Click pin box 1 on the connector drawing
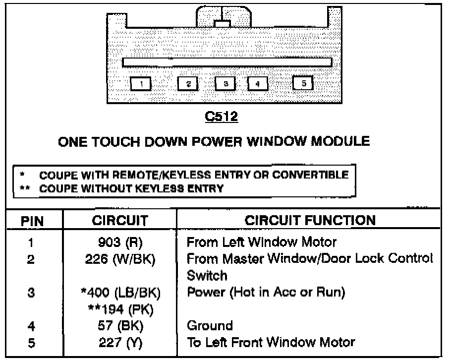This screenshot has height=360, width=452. pyautogui.click(x=141, y=84)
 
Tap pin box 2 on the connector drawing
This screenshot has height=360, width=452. pyautogui.click(x=188, y=84)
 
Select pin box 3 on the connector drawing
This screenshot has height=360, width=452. pyautogui.click(x=226, y=84)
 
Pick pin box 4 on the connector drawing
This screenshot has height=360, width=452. pyautogui.click(x=257, y=84)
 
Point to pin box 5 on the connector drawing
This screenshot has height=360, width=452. pyautogui.click(x=303, y=83)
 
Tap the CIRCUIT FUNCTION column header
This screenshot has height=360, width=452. pyautogui.click(x=310, y=220)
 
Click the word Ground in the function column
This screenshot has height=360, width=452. pyautogui.click(x=210, y=326)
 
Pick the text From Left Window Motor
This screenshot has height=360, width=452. pyautogui.click(x=261, y=243)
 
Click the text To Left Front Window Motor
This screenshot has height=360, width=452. pyautogui.click(x=271, y=342)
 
